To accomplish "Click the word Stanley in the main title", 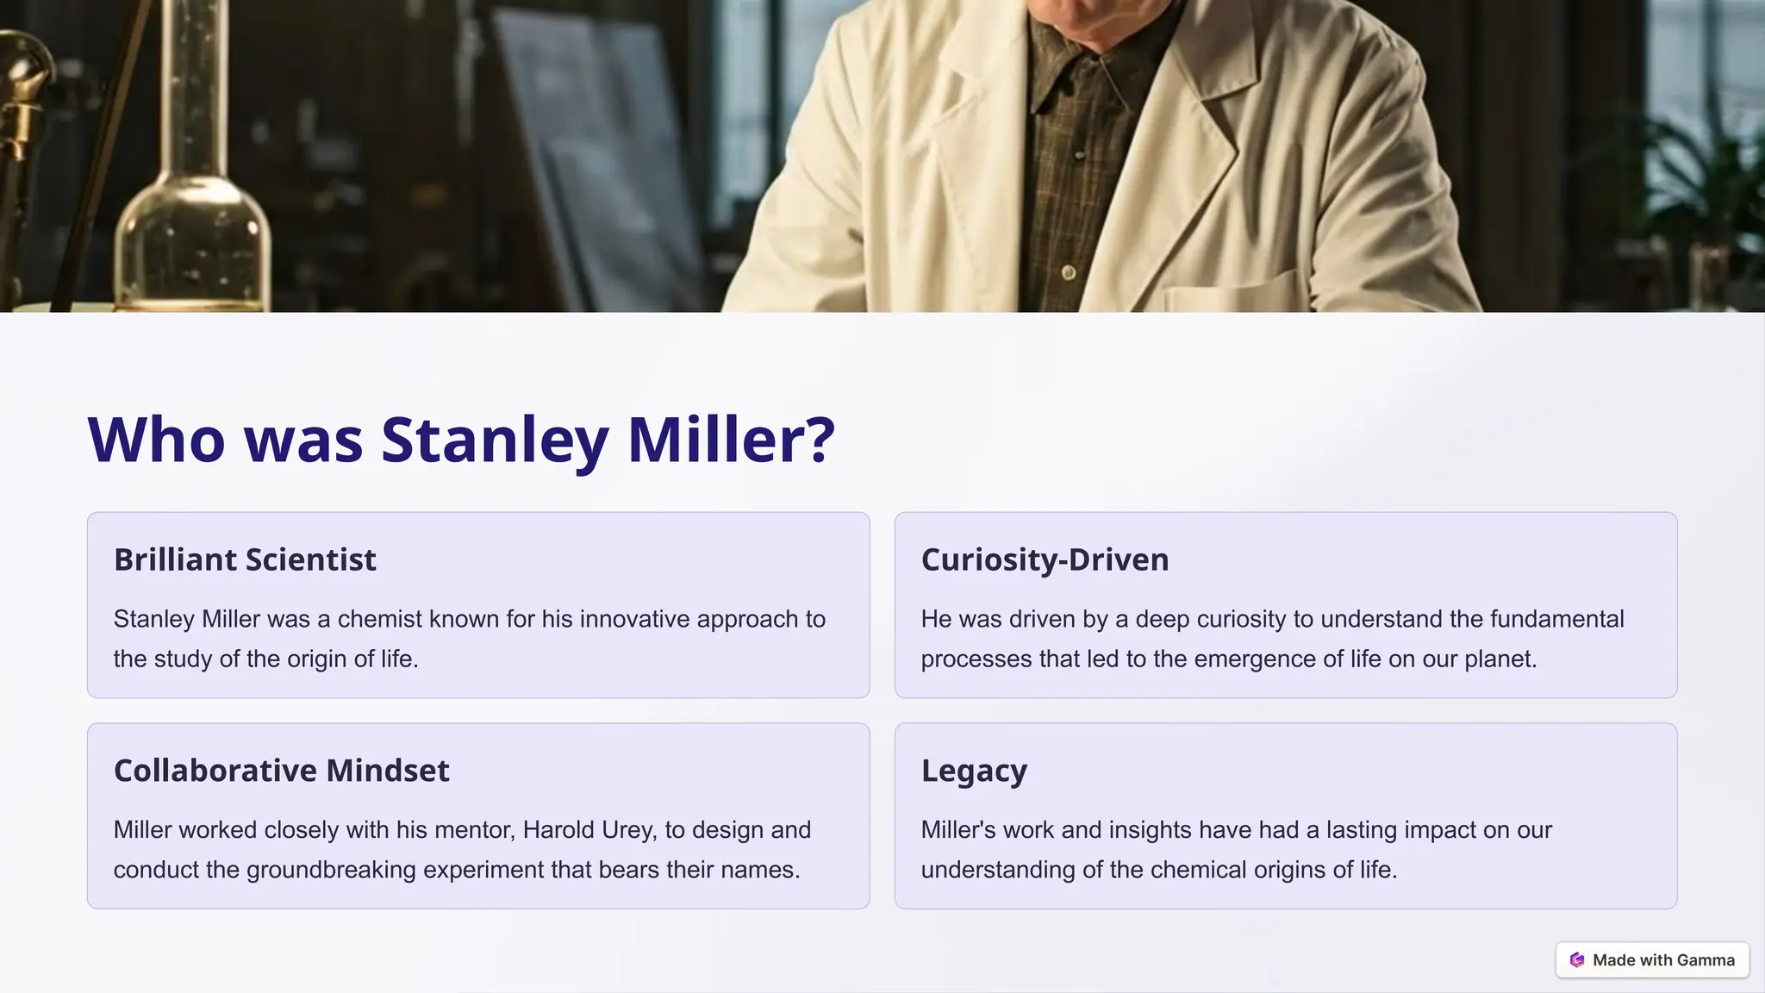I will [x=494, y=440].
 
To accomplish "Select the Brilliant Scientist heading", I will [x=245, y=560].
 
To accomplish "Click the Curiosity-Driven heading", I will [x=1045, y=560].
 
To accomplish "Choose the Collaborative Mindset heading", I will [x=281, y=771].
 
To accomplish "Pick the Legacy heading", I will [x=974, y=771].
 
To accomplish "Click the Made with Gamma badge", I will [x=1652, y=960].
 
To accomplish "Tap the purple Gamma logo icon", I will [x=1577, y=960].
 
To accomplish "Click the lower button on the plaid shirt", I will [x=1069, y=272].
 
